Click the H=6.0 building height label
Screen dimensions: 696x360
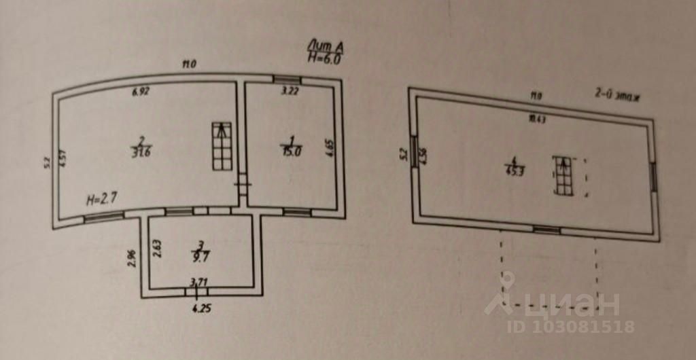[324, 58]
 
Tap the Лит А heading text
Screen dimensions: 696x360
[326, 47]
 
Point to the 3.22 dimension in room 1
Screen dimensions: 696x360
[290, 90]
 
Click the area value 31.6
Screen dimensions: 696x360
[141, 152]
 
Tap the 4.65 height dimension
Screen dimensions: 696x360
[329, 148]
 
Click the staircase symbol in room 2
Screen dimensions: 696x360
[222, 146]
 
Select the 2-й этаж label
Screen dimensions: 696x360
[618, 96]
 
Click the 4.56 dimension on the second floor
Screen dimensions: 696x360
[423, 156]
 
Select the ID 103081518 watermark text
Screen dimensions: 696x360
[570, 327]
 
